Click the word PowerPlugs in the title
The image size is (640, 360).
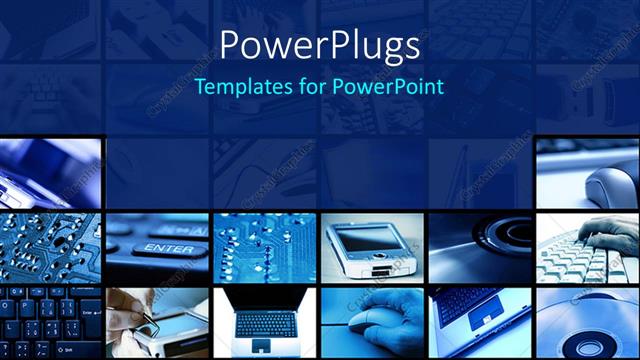(319, 44)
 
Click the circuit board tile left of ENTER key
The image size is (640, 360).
(49, 245)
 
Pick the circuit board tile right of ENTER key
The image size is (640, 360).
(264, 245)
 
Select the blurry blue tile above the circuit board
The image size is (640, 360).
(49, 170)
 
